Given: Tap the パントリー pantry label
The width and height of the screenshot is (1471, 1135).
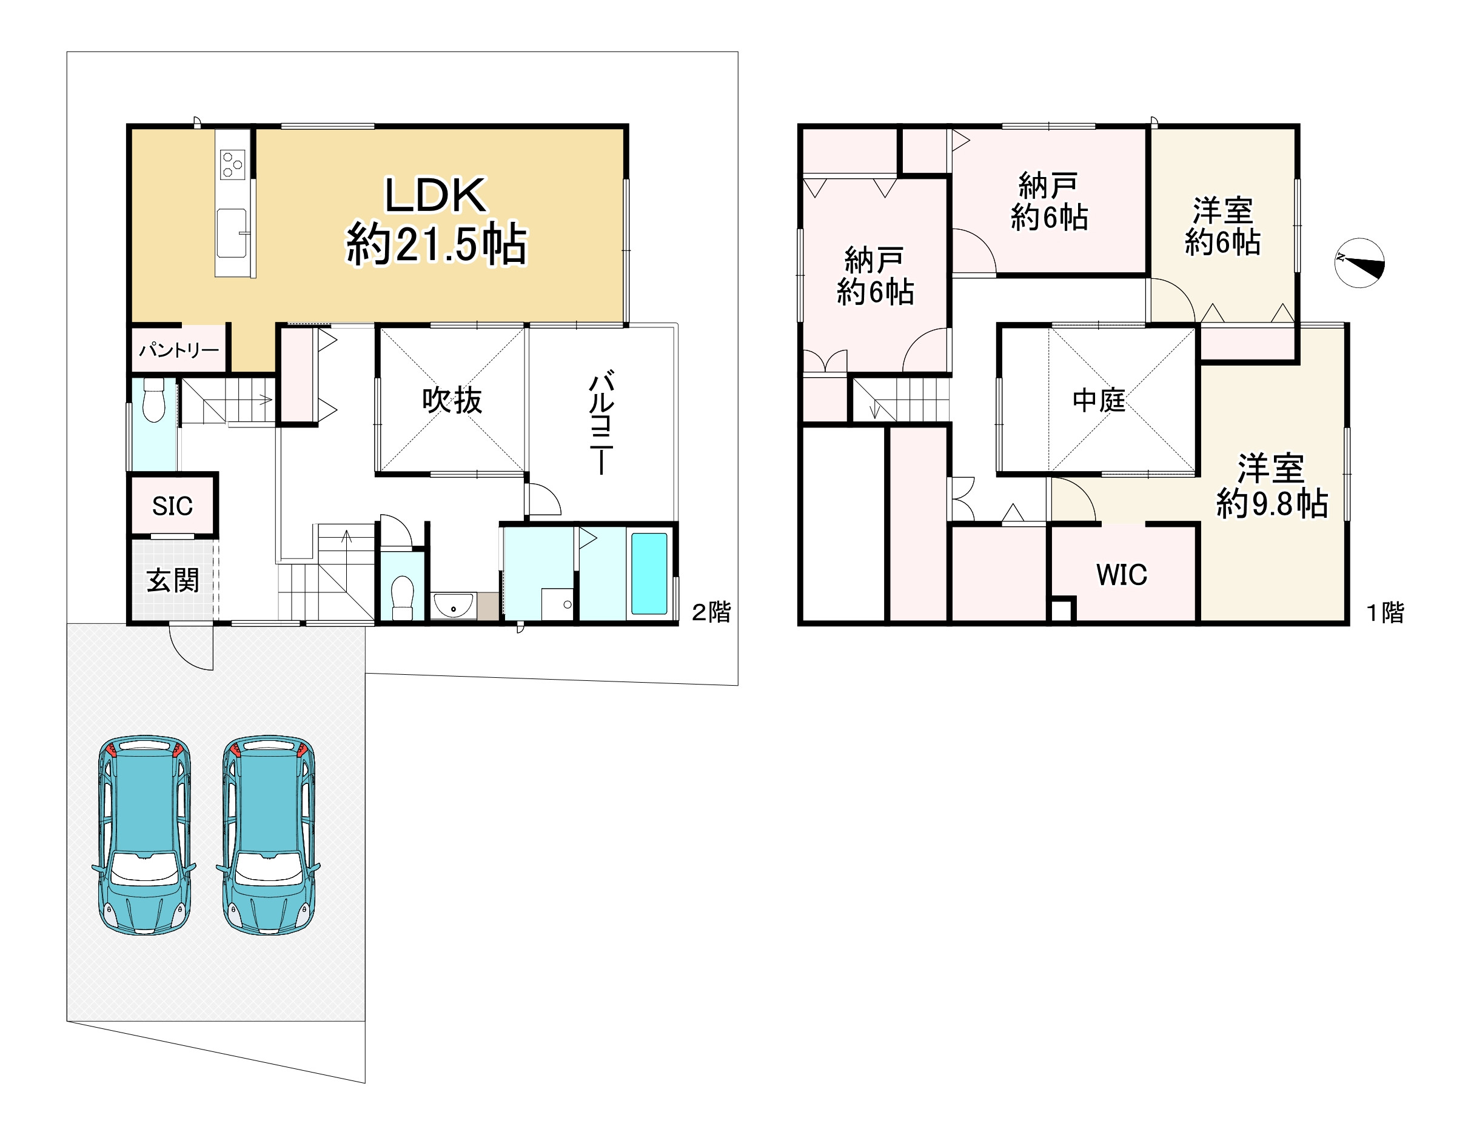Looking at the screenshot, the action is (179, 350).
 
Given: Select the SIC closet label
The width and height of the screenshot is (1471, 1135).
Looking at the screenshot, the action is (172, 506).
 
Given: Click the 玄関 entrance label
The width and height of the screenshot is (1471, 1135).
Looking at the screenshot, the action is (173, 580).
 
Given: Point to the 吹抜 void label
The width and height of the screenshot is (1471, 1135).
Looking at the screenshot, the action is (452, 400).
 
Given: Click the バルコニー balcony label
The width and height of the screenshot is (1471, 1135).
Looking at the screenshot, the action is (601, 423).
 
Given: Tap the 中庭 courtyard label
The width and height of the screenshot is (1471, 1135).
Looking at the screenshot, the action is (1099, 401).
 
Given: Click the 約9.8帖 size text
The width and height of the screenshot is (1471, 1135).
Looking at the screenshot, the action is (1272, 503).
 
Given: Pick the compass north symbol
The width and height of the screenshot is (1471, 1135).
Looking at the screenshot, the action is (1360, 263).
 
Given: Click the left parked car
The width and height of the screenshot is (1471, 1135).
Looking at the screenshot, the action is (144, 835).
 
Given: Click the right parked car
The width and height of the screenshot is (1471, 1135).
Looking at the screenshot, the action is (268, 835).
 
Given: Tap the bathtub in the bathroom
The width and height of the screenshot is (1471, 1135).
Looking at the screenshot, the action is (649, 572).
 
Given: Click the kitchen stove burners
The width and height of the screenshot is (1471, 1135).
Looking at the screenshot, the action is (233, 164).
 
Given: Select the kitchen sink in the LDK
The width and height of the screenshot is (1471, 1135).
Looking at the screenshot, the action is (232, 233).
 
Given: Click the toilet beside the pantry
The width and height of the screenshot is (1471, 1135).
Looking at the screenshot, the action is (154, 400).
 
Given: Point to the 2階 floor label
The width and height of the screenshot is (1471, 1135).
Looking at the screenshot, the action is (711, 612).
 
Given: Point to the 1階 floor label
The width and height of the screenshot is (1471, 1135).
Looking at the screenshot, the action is (1385, 612).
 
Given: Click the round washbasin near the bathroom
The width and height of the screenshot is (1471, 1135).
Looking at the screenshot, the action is (454, 605).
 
